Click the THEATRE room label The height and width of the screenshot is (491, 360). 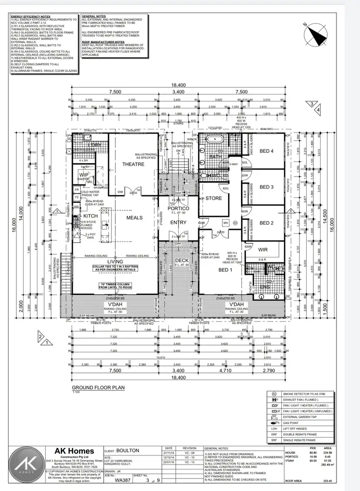point(133,164)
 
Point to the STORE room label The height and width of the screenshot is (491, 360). point(214,198)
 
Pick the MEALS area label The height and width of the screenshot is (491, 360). point(134,217)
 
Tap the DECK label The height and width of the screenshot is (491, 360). point(178,261)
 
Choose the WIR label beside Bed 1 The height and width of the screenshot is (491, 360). point(263,250)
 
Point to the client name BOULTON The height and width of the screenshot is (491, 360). point(128,451)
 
